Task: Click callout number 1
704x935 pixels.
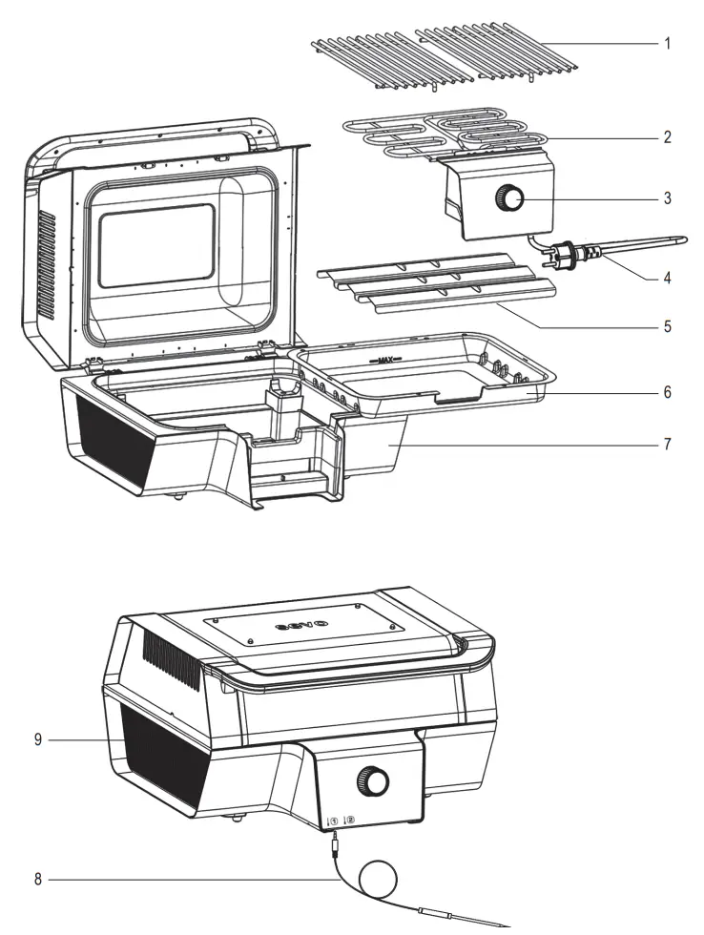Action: pyautogui.click(x=668, y=45)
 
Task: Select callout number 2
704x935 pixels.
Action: pyautogui.click(x=668, y=136)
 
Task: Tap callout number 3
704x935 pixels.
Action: pyautogui.click(x=668, y=199)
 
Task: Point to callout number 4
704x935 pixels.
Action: pyautogui.click(x=668, y=280)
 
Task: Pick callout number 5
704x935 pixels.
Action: pyautogui.click(x=668, y=326)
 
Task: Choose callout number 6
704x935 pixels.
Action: pyautogui.click(x=668, y=392)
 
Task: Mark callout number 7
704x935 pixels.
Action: pyautogui.click(x=668, y=445)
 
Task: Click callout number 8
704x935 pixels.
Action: pyautogui.click(x=37, y=879)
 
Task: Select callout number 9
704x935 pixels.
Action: pyautogui.click(x=37, y=739)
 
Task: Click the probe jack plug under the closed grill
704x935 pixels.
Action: pyautogui.click(x=335, y=840)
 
